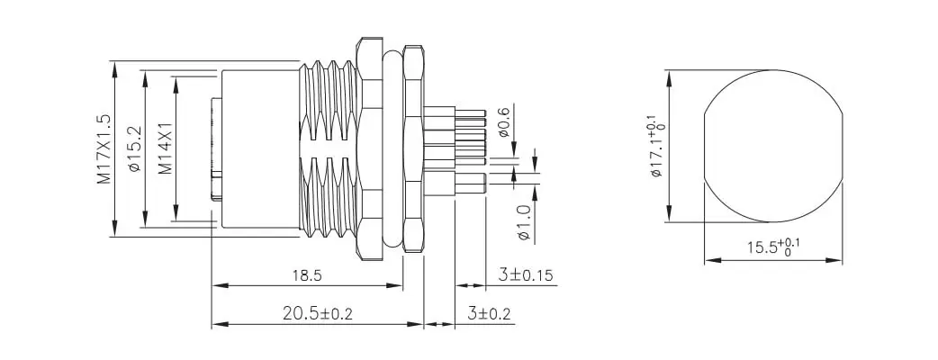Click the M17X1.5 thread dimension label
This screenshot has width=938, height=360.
click(104, 149)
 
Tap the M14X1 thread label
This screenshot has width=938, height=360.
click(165, 149)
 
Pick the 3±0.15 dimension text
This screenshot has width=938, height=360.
click(528, 275)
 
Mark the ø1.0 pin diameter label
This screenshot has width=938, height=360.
click(524, 221)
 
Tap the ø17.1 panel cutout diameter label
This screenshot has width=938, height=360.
click(655, 145)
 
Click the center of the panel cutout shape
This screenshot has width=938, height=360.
click(772, 145)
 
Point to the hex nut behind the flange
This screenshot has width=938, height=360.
click(413, 149)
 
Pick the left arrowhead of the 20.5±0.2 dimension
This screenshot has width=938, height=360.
click(216, 324)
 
